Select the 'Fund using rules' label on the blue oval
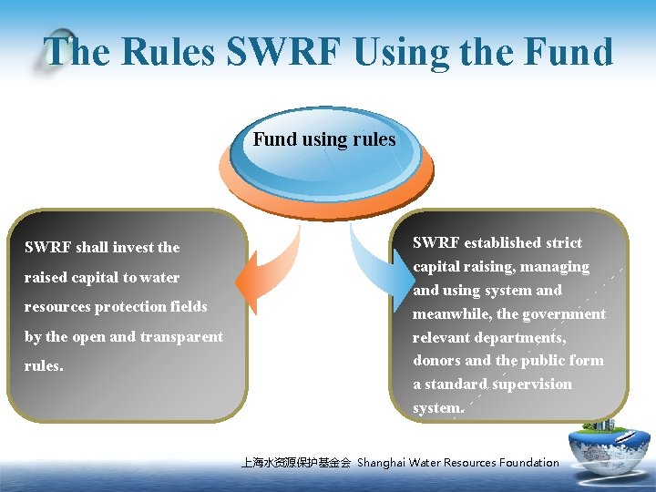pos(324,139)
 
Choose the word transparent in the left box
pos(181,337)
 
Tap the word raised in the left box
pos(45,278)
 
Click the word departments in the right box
pos(522,338)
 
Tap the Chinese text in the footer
pos(295,463)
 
